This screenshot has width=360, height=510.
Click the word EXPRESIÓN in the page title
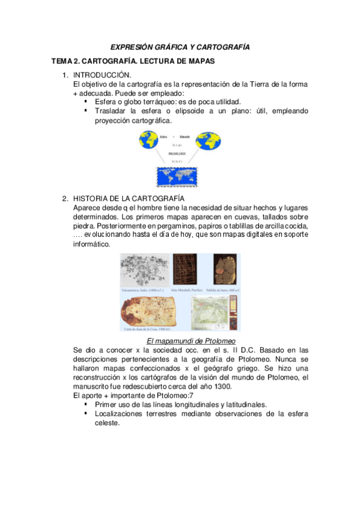click(x=132, y=46)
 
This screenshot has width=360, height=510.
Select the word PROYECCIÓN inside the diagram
click(x=177, y=154)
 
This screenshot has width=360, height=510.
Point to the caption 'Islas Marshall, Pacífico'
click(x=186, y=290)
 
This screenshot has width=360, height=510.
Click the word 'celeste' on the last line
click(x=108, y=423)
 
